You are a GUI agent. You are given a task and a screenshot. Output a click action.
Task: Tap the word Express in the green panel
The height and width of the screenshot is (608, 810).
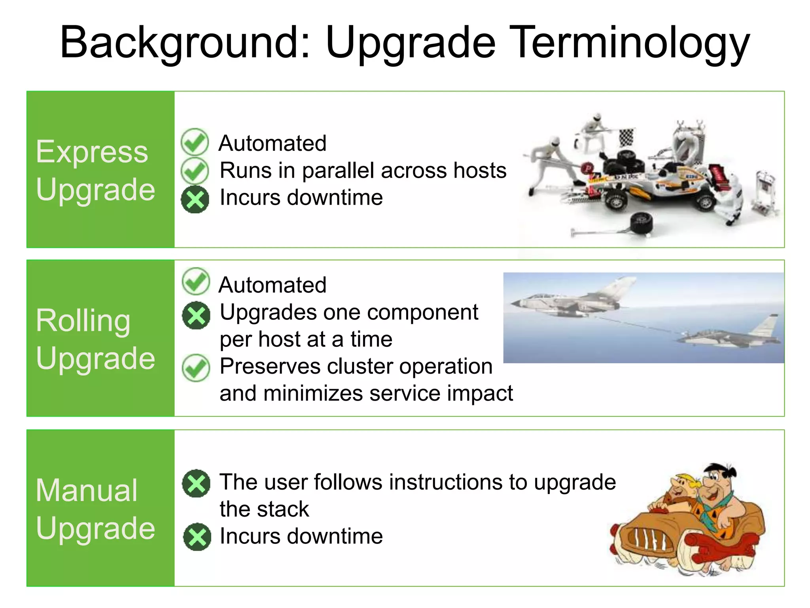(x=92, y=152)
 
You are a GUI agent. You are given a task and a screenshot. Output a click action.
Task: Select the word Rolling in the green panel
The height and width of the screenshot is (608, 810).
(x=83, y=321)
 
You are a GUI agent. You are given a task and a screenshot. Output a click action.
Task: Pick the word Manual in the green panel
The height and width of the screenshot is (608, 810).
(x=87, y=490)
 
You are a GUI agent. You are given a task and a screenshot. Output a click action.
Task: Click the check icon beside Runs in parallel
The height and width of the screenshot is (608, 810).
(x=195, y=171)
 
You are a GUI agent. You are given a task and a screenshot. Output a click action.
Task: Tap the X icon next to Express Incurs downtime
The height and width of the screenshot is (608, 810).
(x=195, y=199)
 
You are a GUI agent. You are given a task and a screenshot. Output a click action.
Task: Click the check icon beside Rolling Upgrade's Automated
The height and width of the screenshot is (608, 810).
(x=196, y=281)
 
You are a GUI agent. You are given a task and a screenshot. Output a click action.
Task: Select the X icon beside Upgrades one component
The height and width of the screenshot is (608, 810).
(x=196, y=315)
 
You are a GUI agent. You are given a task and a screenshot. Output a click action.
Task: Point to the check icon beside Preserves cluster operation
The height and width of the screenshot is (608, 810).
(x=196, y=368)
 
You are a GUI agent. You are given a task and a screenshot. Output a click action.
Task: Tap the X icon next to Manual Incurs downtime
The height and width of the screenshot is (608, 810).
(x=197, y=537)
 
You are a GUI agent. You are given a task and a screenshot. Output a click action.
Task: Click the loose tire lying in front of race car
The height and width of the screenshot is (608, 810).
(x=642, y=224)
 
